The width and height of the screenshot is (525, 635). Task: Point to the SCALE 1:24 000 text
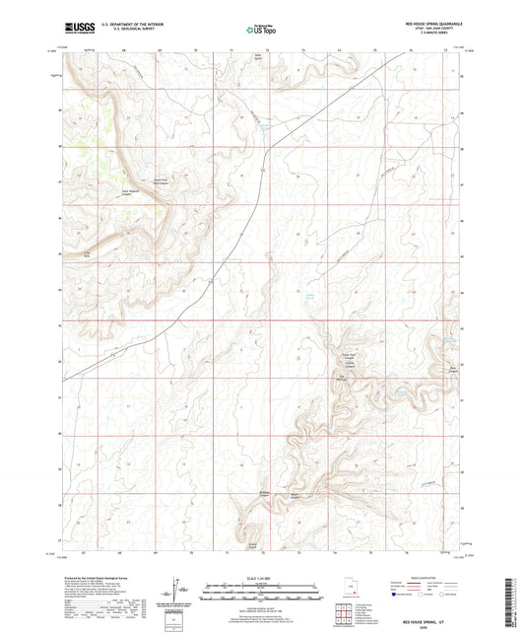(262, 578)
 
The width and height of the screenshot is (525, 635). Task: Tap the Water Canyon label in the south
(321, 495)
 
